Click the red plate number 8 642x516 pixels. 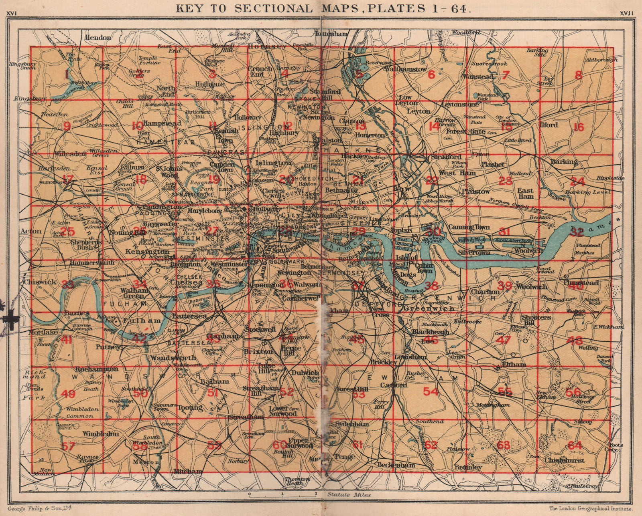[x=578, y=75]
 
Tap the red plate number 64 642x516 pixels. [x=575, y=445]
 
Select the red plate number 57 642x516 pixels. [x=69, y=446]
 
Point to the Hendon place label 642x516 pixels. [x=98, y=37]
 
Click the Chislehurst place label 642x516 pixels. [x=565, y=461]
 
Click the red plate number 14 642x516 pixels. [x=434, y=126]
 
